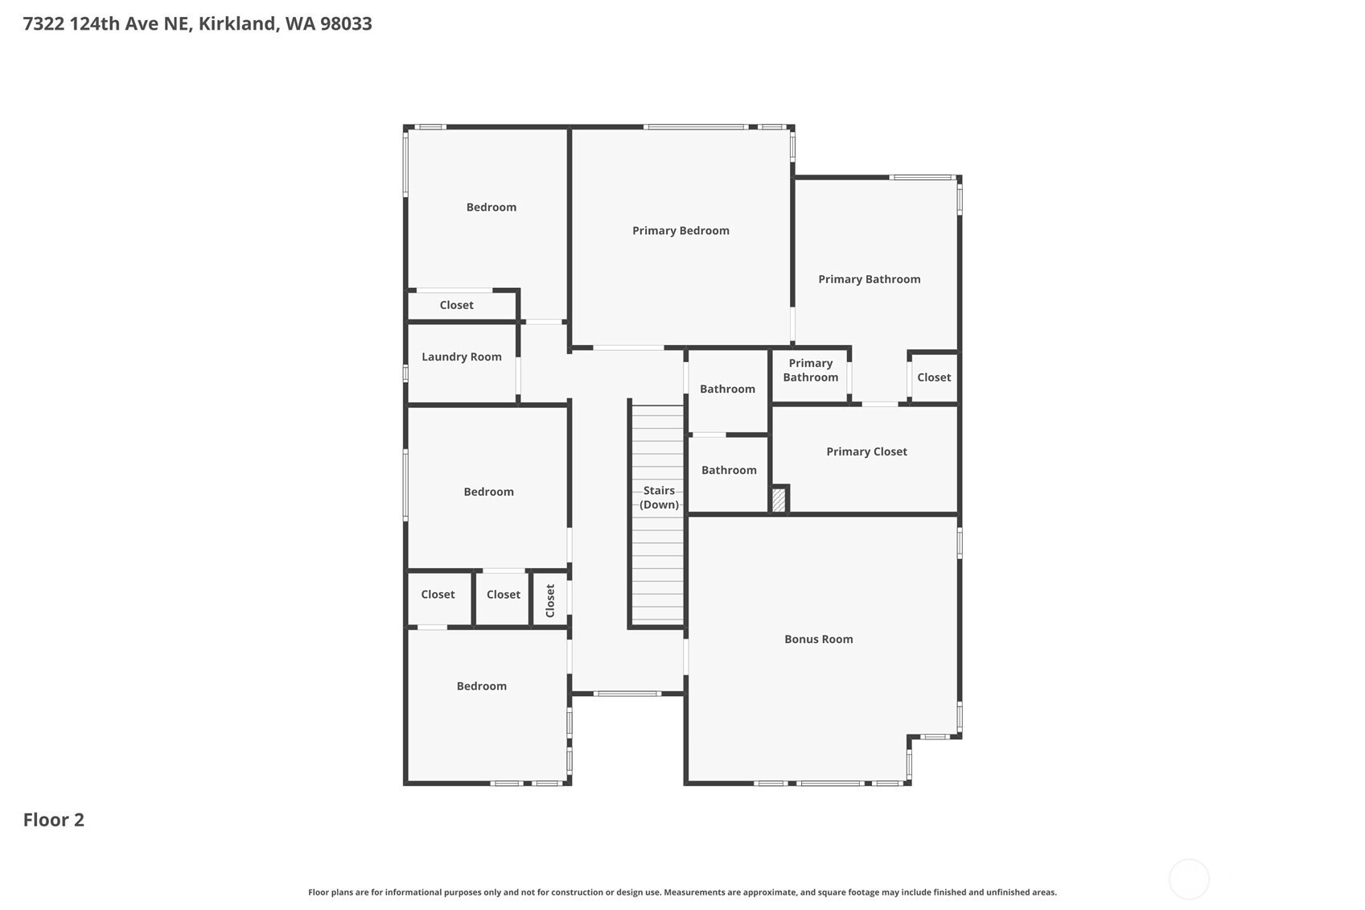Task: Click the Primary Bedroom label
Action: pyautogui.click(x=680, y=230)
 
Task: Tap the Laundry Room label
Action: pyautogui.click(x=461, y=356)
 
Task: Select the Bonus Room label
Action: pyautogui.click(x=818, y=639)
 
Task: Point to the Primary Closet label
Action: pyautogui.click(x=866, y=451)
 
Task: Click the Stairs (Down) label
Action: pyautogui.click(x=659, y=497)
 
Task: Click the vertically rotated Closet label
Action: pyautogui.click(x=550, y=600)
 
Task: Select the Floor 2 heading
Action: pyautogui.click(x=54, y=820)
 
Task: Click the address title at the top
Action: pyautogui.click(x=197, y=23)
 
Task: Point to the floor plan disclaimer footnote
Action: pyautogui.click(x=682, y=891)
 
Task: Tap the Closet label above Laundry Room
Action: pyautogui.click(x=456, y=305)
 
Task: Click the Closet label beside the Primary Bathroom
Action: pyautogui.click(x=934, y=377)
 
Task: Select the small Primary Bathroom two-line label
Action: pyautogui.click(x=811, y=370)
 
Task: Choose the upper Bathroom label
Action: pyautogui.click(x=728, y=389)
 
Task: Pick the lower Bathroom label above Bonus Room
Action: pyautogui.click(x=729, y=470)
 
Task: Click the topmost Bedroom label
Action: pyautogui.click(x=491, y=208)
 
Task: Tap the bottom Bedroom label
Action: pyautogui.click(x=481, y=686)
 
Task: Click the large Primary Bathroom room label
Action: pyautogui.click(x=869, y=279)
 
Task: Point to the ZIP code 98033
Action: pyautogui.click(x=346, y=23)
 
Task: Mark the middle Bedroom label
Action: pyautogui.click(x=489, y=492)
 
